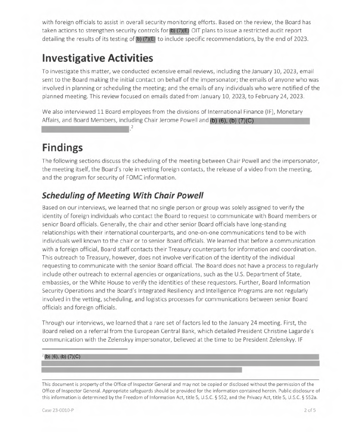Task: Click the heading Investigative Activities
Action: tap(97, 58)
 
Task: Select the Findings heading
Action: tap(62, 148)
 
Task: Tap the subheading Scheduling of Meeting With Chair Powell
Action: tap(123, 196)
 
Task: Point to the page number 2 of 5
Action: tap(310, 410)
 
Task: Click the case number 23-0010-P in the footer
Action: tap(58, 410)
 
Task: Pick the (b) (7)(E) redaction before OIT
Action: tap(179, 30)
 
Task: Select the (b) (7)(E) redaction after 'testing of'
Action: tap(146, 39)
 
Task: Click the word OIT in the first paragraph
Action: tap(196, 30)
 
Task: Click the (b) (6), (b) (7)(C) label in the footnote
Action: tap(62, 357)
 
